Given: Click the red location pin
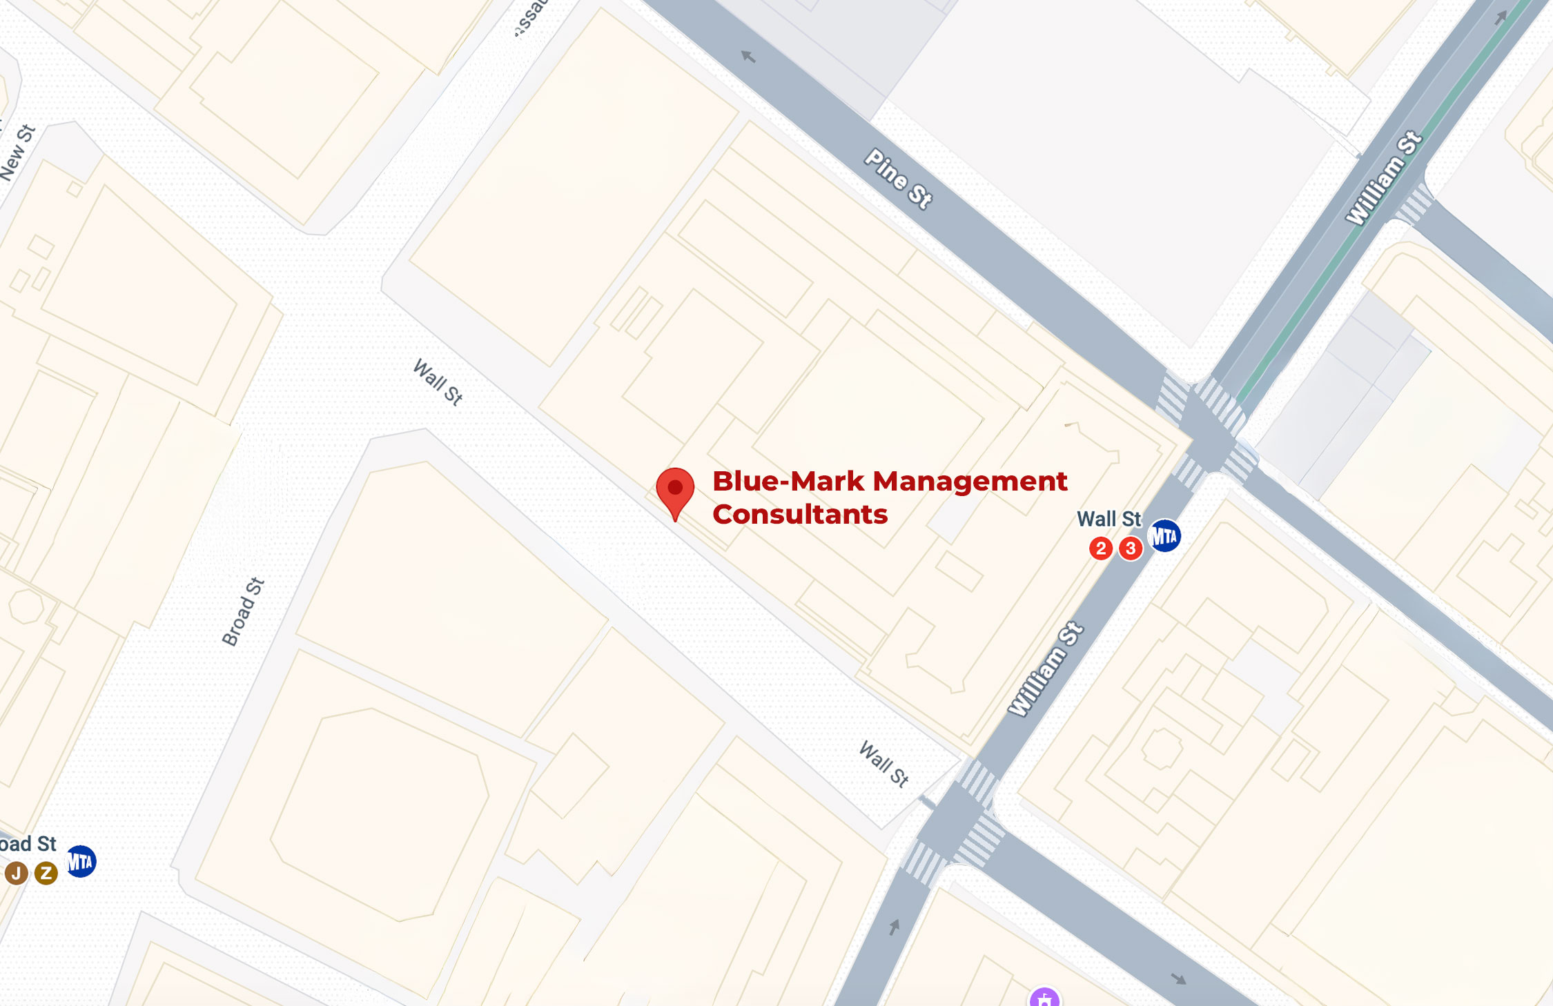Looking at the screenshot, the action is tap(675, 490).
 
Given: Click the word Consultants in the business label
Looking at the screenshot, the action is tap(799, 515).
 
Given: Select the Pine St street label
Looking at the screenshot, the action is tap(899, 179).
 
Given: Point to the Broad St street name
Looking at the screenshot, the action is tap(243, 611).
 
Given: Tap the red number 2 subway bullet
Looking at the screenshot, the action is tap(1100, 549).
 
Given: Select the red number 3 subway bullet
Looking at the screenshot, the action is tap(1130, 549).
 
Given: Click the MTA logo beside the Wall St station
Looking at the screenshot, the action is tap(1164, 535).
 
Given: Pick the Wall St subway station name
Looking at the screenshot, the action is tap(1108, 519).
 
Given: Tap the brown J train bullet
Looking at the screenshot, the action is tap(17, 873).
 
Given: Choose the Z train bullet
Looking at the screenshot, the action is tap(46, 873).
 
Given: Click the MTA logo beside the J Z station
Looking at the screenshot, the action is tap(81, 861).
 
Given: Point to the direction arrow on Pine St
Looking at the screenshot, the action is tap(748, 57).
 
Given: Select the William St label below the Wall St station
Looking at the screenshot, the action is tap(1046, 669).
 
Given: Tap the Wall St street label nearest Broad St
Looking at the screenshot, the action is tap(438, 382).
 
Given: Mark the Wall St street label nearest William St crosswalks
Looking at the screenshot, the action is tap(883, 764).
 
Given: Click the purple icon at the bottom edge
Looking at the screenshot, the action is tap(1044, 998).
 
